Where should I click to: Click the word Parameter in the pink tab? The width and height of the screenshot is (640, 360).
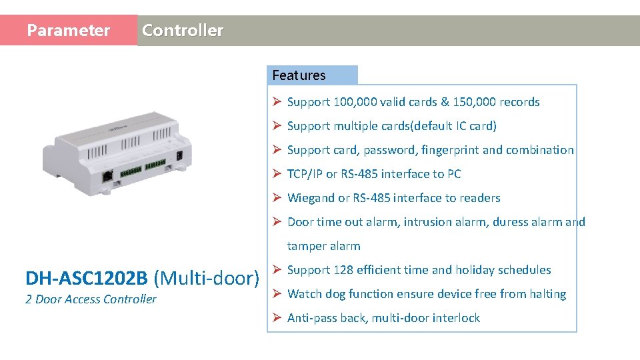point(68,31)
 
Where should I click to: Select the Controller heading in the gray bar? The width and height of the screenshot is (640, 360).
point(183,31)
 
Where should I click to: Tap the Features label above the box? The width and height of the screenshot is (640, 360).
point(299,75)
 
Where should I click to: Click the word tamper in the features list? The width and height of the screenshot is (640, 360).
point(306,246)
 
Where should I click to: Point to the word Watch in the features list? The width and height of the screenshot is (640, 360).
point(305,294)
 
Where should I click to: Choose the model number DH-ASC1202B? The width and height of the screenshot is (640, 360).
point(87,278)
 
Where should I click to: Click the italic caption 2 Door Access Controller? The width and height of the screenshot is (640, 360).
point(91,299)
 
